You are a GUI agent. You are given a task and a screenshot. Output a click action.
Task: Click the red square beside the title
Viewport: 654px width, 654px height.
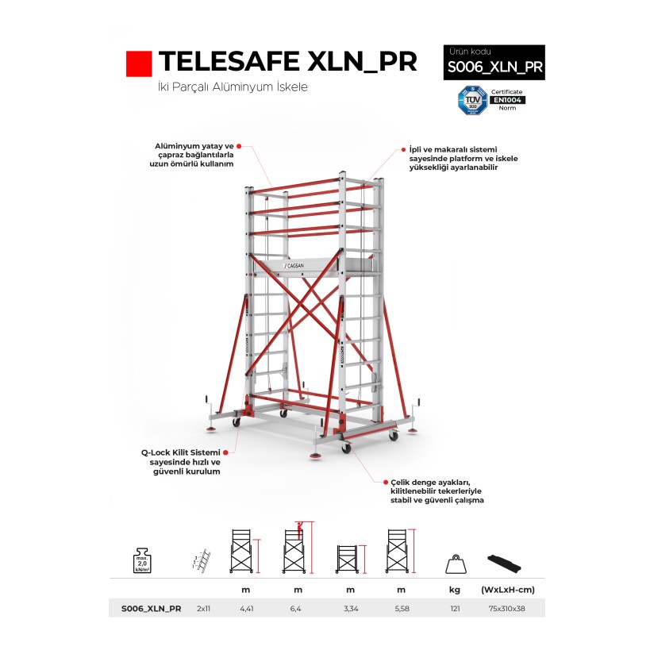tap(139, 63)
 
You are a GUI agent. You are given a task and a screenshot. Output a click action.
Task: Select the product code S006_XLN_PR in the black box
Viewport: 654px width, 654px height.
tap(494, 67)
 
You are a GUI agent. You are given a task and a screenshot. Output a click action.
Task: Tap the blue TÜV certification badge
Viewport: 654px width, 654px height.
tap(467, 100)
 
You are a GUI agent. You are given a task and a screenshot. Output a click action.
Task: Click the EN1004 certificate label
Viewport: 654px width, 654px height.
tap(508, 100)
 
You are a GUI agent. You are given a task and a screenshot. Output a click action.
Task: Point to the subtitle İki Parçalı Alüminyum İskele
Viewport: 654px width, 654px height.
tap(233, 87)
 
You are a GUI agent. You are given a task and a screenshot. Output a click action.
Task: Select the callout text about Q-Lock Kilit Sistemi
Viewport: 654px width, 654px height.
tap(180, 461)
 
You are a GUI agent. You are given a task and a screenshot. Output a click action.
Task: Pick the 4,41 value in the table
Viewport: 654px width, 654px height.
tap(246, 609)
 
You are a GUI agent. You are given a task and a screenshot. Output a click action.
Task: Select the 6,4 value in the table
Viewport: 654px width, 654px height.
tap(298, 609)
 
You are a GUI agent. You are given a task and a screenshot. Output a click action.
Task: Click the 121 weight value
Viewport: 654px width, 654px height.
tap(456, 609)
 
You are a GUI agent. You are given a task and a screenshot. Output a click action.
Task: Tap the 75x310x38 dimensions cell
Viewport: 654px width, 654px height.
tap(506, 609)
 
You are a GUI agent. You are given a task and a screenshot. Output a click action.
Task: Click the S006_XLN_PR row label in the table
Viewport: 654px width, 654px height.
tap(152, 609)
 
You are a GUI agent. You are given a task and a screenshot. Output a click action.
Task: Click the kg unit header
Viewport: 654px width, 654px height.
tap(456, 589)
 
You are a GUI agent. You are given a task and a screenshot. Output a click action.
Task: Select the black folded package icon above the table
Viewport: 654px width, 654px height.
tap(506, 560)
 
